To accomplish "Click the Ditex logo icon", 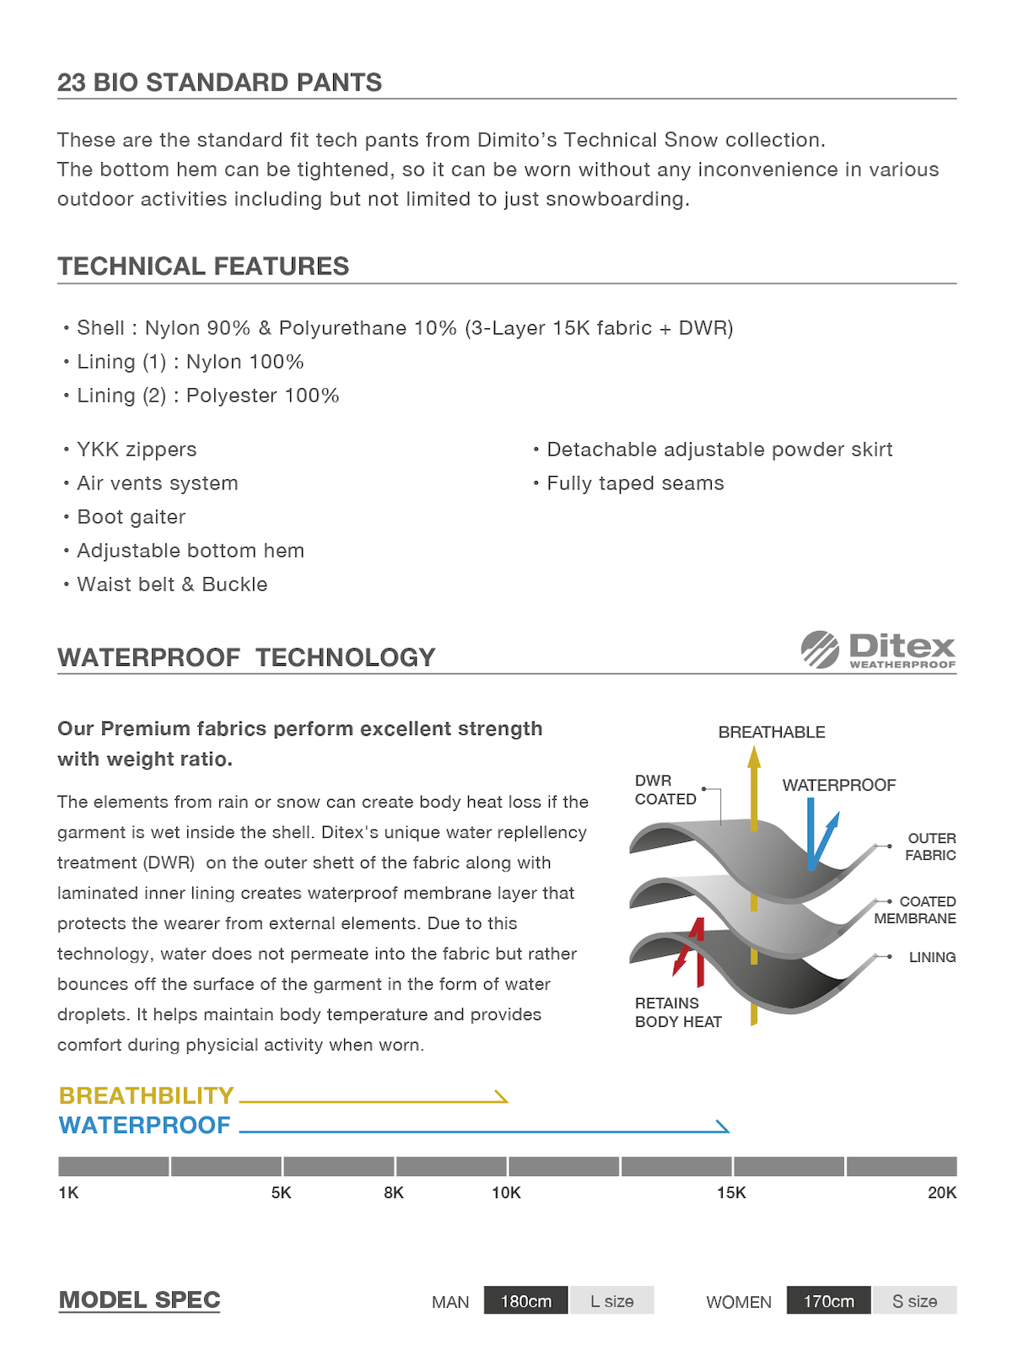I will point(820,649).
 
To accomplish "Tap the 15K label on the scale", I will point(731,1192).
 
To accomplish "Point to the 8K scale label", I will point(394,1192).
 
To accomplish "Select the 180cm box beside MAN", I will point(526,1301).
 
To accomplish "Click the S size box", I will point(914,1301).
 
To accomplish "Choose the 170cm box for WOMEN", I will point(828,1301).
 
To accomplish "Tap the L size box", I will point(611,1301).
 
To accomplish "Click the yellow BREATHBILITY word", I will point(146,1095).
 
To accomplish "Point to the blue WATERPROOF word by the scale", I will point(144,1125).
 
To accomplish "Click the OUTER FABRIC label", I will point(930,846).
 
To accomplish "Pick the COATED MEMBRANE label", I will point(915,910).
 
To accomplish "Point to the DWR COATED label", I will point(665,790).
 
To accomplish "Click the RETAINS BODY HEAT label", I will point(678,1012).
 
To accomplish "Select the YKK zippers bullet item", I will point(137,450).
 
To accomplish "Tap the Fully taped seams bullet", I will point(635,483).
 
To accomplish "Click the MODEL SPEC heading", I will point(139,1299).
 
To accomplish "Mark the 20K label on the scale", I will point(942,1192).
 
